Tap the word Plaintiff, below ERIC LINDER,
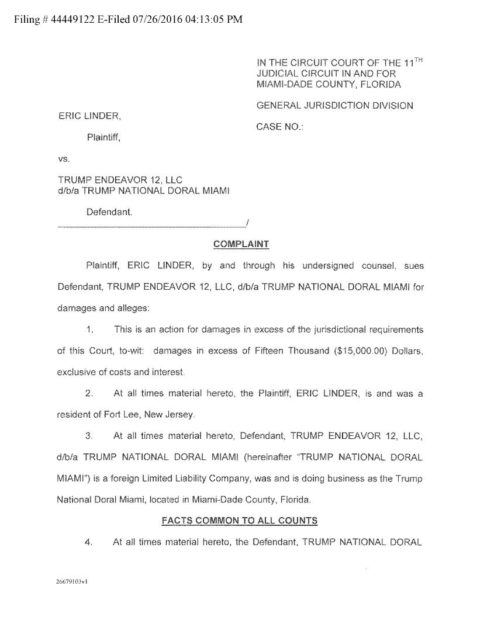[x=105, y=138]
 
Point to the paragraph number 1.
[x=90, y=330]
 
